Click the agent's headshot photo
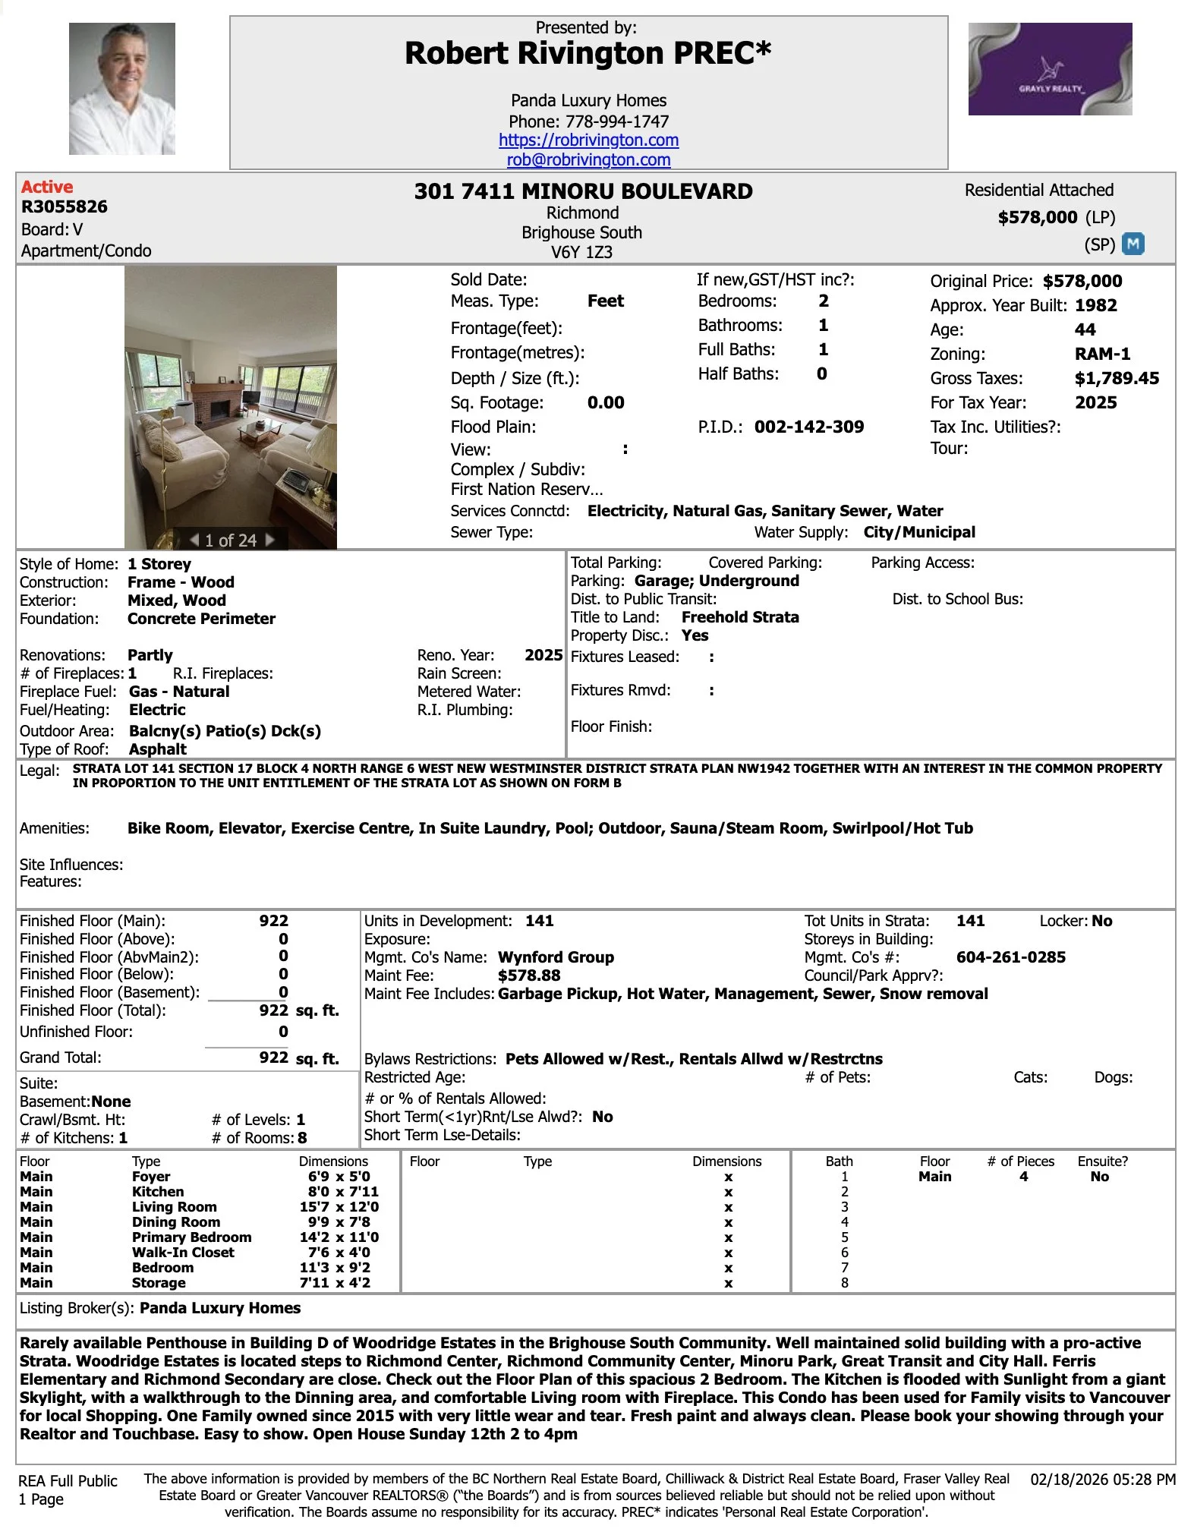pyautogui.click(x=121, y=88)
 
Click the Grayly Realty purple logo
pyautogui.click(x=1050, y=69)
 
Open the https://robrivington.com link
pyautogui.click(x=588, y=140)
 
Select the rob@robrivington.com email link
pyautogui.click(x=588, y=160)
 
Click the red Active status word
pyautogui.click(x=47, y=187)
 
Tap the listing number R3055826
pyautogui.click(x=64, y=206)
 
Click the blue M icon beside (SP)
pyautogui.click(x=1133, y=244)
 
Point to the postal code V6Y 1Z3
pyautogui.click(x=581, y=252)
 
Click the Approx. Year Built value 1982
pyautogui.click(x=1095, y=305)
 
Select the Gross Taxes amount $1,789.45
pyautogui.click(x=1117, y=378)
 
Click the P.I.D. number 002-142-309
pyautogui.click(x=808, y=427)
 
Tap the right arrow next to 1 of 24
pyautogui.click(x=269, y=540)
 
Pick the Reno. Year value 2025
pyautogui.click(x=543, y=655)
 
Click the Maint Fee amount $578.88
pyautogui.click(x=529, y=976)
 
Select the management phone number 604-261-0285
pyautogui.click(x=1010, y=957)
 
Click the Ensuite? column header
pyautogui.click(x=1102, y=1161)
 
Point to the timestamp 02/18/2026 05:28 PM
pyautogui.click(x=1102, y=1479)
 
